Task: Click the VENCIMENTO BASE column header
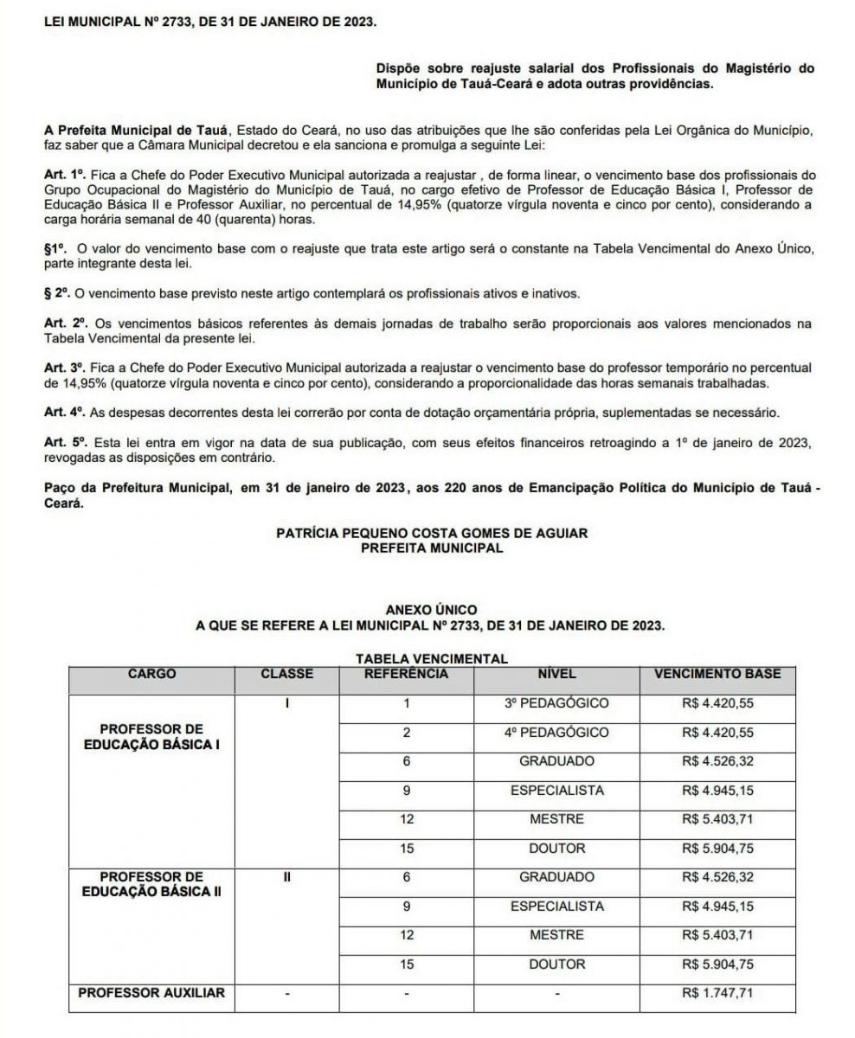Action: coord(717,673)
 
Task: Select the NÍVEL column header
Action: coord(556,673)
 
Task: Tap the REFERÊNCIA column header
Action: coord(406,673)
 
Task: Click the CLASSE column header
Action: coord(287,673)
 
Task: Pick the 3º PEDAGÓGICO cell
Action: coord(556,703)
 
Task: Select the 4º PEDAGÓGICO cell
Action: coord(556,732)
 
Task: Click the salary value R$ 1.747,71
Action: coord(717,992)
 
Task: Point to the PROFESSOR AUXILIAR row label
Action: coord(151,992)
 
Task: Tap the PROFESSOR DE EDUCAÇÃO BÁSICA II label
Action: coord(151,884)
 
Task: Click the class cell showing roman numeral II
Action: coord(287,876)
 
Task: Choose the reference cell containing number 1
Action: coord(406,703)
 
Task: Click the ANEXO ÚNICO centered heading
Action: coord(431,611)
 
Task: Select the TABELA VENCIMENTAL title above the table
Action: coord(431,659)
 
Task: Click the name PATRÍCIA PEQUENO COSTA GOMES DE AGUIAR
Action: coord(431,534)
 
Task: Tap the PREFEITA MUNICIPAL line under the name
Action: coord(431,548)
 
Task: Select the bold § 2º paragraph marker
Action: coord(58,294)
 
